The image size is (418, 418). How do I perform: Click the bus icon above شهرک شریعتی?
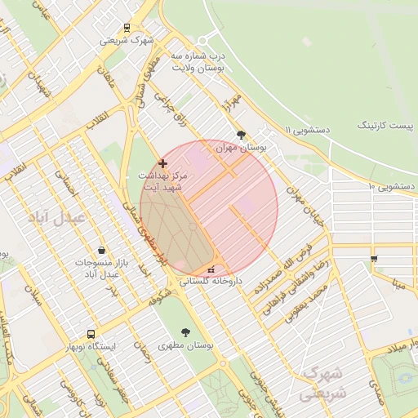pos(125,27)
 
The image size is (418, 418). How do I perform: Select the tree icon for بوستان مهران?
pos(240,135)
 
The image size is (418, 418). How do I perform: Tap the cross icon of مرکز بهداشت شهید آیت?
pos(162,163)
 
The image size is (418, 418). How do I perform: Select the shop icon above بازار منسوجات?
pos(100,250)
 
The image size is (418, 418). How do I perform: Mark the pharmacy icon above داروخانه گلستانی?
pos(211,269)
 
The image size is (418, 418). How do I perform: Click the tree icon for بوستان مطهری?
pos(186,332)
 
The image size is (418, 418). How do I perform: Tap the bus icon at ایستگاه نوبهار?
pos(90,334)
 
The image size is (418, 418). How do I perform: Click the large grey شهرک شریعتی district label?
pos(324,383)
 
